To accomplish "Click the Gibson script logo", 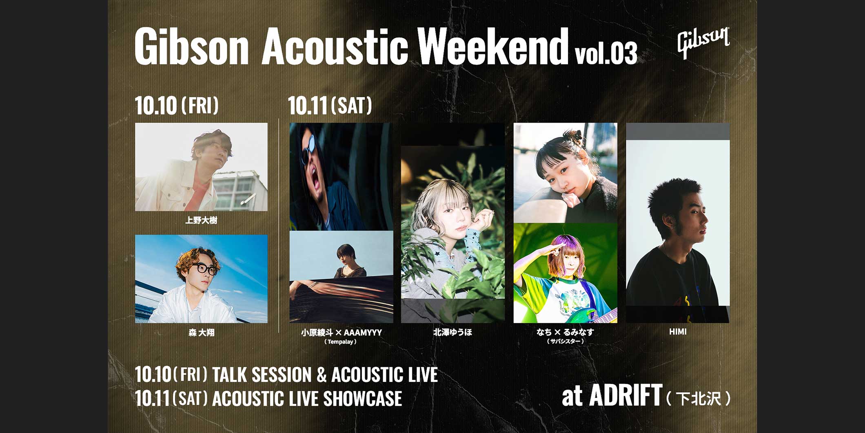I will tap(703, 42).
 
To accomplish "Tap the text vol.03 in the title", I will tap(606, 53).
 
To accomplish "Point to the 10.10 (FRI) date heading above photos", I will tap(177, 105).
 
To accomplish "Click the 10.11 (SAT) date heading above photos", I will tap(330, 105).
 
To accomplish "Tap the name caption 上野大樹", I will tap(201, 221).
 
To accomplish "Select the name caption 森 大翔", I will tap(201, 333).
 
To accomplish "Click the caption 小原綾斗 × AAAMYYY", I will tap(341, 333).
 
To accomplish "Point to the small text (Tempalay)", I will tap(340, 342).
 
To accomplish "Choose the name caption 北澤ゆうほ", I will tap(452, 333).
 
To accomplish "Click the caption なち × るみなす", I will tap(565, 332).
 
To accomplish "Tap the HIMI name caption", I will tap(678, 332).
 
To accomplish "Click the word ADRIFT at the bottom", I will tap(625, 395).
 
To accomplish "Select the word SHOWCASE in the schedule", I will tap(362, 399).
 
